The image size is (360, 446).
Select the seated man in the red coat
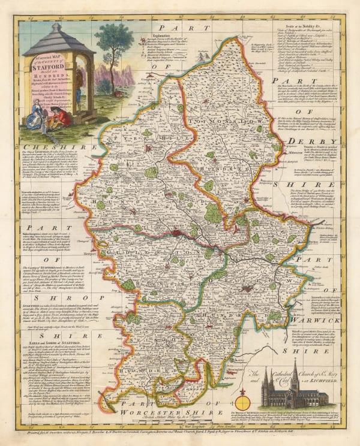[x=56, y=116]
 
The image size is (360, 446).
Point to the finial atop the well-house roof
[x=55, y=26]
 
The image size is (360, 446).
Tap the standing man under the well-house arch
[x=79, y=84]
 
